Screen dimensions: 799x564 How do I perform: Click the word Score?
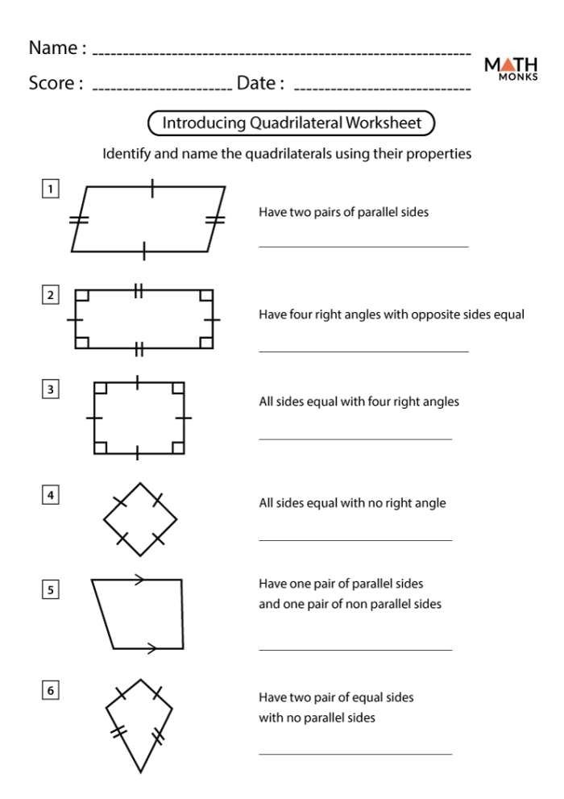click(54, 82)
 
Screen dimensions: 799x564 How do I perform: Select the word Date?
click(259, 82)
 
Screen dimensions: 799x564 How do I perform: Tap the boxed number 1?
click(51, 190)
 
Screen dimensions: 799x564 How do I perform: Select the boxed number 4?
click(51, 496)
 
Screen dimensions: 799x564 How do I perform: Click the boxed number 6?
click(51, 691)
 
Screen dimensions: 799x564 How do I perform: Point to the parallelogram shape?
click(148, 219)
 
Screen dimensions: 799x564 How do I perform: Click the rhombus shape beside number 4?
click(139, 519)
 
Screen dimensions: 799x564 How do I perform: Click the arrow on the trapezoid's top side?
click(140, 579)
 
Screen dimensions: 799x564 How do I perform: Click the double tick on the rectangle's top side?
click(139, 290)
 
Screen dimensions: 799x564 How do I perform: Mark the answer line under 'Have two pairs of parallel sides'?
click(363, 246)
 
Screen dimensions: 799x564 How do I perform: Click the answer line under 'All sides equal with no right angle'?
click(355, 540)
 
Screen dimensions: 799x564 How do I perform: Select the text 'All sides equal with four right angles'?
click(359, 402)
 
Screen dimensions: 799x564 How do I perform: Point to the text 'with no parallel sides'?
click(317, 715)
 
